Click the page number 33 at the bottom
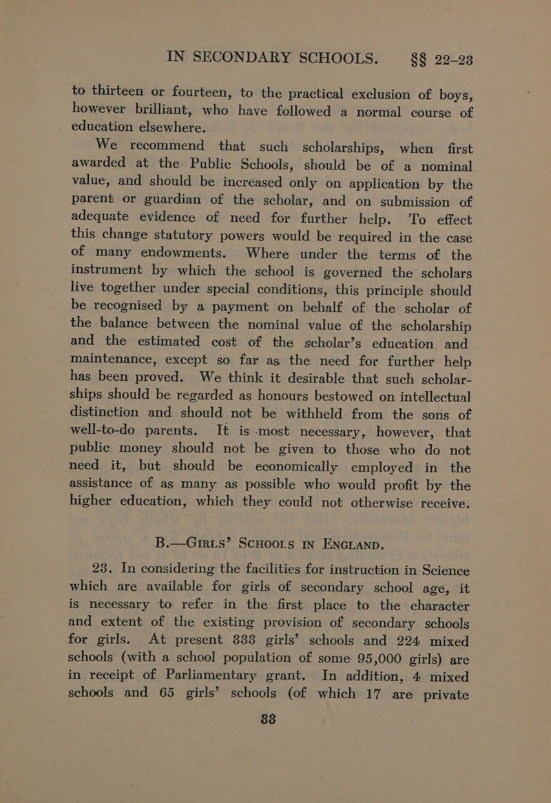coord(275,782)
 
